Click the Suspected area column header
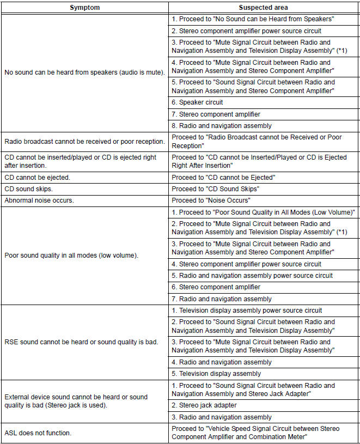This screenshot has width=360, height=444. [263, 7]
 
